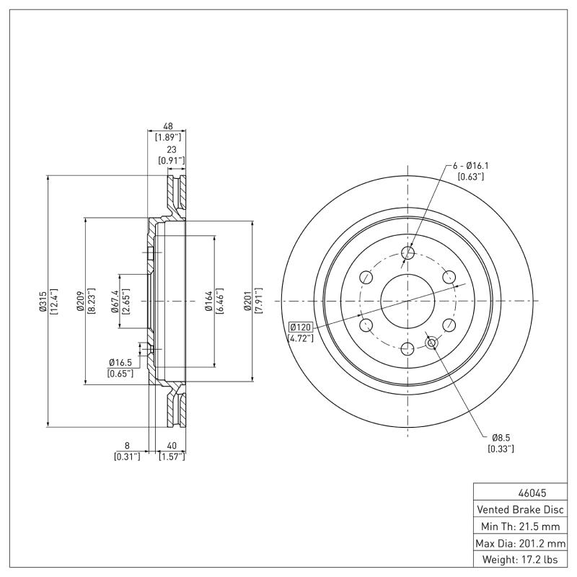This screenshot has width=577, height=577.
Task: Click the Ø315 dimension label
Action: [x=42, y=301]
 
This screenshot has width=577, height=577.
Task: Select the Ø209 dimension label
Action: [x=80, y=301]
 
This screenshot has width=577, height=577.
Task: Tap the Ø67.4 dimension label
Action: [x=115, y=301]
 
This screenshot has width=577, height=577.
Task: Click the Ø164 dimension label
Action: [x=208, y=301]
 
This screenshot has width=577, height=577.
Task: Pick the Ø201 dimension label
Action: [x=247, y=301]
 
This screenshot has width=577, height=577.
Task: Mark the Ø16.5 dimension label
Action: [x=120, y=362]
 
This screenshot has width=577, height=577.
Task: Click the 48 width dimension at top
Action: [x=167, y=125]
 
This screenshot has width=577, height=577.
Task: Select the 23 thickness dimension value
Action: [x=172, y=149]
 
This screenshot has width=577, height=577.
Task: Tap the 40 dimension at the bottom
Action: [x=172, y=446]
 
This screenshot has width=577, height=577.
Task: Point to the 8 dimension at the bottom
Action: [x=127, y=446]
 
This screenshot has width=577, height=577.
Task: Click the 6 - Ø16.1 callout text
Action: [x=465, y=165]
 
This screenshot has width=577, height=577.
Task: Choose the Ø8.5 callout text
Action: [x=501, y=437]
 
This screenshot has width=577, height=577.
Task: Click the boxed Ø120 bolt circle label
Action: [x=300, y=327]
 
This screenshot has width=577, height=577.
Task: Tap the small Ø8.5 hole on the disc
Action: [x=431, y=343]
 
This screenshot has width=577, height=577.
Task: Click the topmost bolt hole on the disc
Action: [x=408, y=252]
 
